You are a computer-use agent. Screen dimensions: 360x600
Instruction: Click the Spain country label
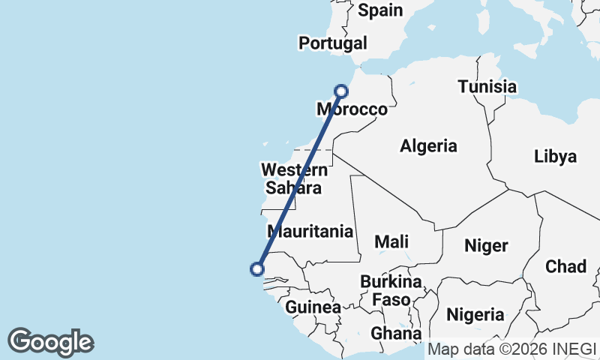[x=380, y=10]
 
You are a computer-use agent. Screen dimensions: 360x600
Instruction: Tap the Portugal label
[x=333, y=43]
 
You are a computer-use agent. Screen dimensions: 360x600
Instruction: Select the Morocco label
[x=352, y=109]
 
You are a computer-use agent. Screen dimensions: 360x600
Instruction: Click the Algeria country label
[x=428, y=145]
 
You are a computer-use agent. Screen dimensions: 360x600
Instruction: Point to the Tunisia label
[x=487, y=86]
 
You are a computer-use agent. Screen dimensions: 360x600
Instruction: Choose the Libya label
[x=556, y=157]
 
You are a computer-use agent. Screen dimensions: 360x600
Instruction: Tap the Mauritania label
[x=310, y=231]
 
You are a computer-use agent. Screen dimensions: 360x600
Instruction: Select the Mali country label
[x=391, y=241]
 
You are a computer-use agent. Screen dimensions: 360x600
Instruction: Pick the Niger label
[x=486, y=245]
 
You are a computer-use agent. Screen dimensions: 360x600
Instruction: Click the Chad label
[x=565, y=266]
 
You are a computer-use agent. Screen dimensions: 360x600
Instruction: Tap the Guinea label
[x=313, y=307]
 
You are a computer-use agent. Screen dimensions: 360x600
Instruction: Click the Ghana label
[x=396, y=333]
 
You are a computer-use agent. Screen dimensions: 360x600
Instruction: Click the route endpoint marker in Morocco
[x=341, y=91]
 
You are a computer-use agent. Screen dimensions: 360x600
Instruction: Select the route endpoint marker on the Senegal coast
[x=257, y=268]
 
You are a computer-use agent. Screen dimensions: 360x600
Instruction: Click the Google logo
[x=50, y=342]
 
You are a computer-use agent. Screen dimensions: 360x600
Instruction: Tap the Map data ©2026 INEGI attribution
[x=511, y=349]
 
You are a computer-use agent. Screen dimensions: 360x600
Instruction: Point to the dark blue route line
[x=299, y=180]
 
